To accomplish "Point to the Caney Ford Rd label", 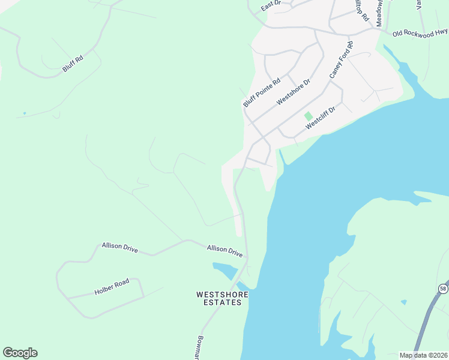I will pyautogui.click(x=341, y=60).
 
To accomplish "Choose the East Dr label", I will pyautogui.click(x=271, y=7).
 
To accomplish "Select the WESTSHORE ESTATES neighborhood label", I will pyautogui.click(x=219, y=298).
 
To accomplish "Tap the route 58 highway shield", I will pyautogui.click(x=443, y=289).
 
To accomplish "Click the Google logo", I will pyautogui.click(x=20, y=353).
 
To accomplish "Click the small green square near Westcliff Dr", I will pyautogui.click(x=309, y=116).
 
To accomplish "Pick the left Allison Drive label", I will pyautogui.click(x=119, y=247).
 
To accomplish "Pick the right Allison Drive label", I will pyautogui.click(x=224, y=251).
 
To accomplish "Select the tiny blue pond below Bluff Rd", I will pyautogui.click(x=24, y=113).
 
